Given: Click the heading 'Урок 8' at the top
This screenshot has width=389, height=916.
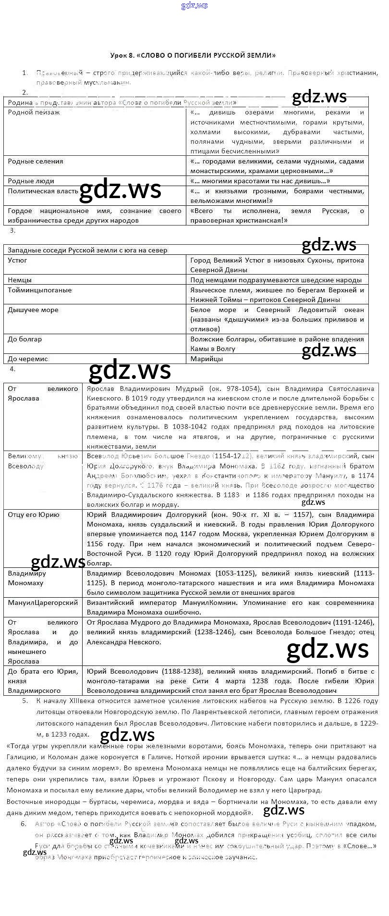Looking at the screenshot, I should point(193,55).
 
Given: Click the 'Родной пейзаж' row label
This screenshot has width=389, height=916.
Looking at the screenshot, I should point(34,112).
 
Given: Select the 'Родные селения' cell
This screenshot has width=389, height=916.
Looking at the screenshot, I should point(35,161).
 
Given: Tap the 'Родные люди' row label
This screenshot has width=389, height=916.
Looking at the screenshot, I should point(31,181).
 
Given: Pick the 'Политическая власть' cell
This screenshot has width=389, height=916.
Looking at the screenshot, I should point(43,191).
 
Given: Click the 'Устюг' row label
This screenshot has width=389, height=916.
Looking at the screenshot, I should point(17,260).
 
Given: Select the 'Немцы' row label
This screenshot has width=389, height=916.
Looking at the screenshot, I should point(20,279).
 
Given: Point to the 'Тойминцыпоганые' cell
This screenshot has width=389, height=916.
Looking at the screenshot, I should point(39,290).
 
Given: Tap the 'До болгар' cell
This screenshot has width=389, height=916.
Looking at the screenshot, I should point(24,339).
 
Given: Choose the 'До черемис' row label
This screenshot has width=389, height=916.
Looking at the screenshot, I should point(27,359).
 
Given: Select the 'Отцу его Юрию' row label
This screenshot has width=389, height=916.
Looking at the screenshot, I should point(34,514).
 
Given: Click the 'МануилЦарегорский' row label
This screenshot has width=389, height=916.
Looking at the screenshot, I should point(43,602).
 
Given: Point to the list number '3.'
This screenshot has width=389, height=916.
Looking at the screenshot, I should point(13,230).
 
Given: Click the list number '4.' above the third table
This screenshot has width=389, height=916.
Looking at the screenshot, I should point(13,369).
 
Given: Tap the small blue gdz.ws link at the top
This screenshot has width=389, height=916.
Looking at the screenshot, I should point(194,6).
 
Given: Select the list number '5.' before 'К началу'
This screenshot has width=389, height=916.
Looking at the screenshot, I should point(25,701).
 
